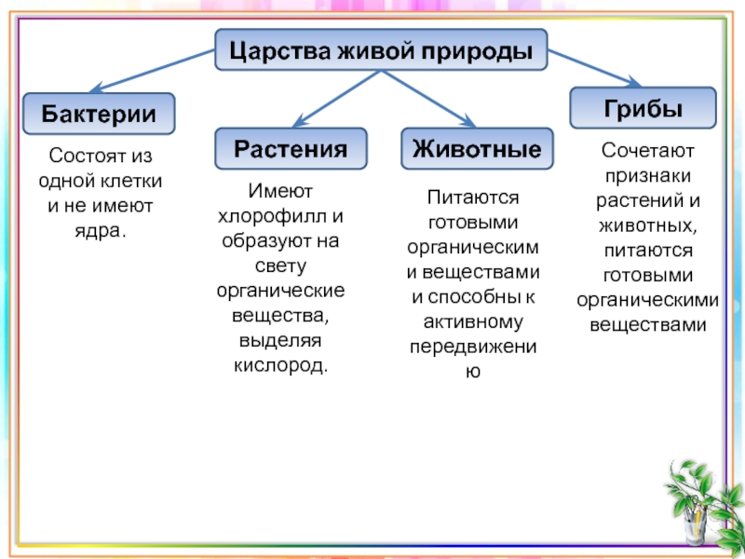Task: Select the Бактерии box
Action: (x=99, y=113)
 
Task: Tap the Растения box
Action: (x=291, y=148)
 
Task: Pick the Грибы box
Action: (x=643, y=107)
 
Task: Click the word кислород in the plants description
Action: (x=280, y=361)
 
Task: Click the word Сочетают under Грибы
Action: (x=647, y=149)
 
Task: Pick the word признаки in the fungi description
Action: (x=647, y=174)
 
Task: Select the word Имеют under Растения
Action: (x=280, y=191)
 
